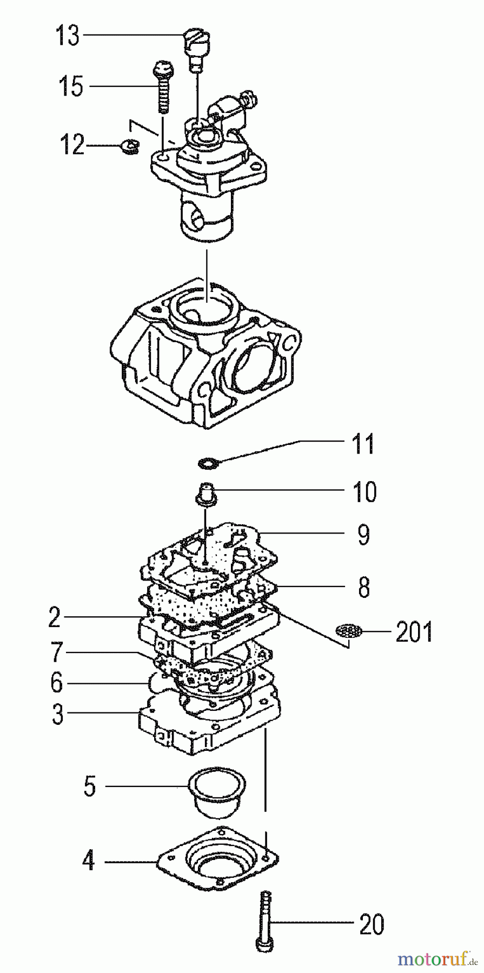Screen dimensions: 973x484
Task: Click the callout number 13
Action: [68, 36]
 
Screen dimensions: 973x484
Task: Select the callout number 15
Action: [71, 86]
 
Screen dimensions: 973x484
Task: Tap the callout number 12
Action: [71, 145]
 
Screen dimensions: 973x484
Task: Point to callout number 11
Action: [362, 445]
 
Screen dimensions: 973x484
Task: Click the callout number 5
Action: [90, 786]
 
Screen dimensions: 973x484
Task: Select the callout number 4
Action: [89, 861]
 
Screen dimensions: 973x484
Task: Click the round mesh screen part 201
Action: [347, 631]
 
